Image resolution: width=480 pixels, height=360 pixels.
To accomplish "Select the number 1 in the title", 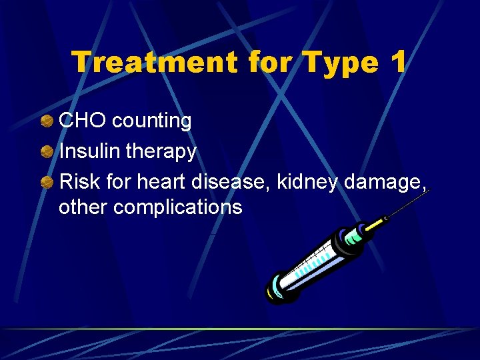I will tap(398, 62).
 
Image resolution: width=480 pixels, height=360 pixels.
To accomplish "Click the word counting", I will tap(152, 121).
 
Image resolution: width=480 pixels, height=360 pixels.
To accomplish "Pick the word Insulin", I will tap(89, 152).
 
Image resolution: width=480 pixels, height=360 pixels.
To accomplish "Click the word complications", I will tap(178, 207).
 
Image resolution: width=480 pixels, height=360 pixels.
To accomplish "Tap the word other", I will tap(83, 207).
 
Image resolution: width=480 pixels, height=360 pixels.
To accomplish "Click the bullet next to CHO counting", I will tap(47, 121).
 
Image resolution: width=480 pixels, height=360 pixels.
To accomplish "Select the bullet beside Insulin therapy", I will tap(47, 153).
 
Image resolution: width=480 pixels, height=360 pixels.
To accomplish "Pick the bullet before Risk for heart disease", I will tap(47, 182).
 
